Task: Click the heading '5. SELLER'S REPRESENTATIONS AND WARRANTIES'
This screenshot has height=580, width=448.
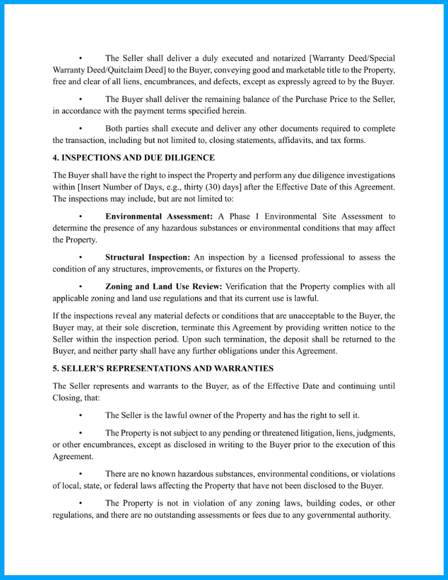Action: pyautogui.click(x=163, y=368)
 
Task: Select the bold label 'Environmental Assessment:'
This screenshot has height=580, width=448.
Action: pyautogui.click(x=158, y=216)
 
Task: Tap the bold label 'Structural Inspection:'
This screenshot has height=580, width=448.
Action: pyautogui.click(x=148, y=257)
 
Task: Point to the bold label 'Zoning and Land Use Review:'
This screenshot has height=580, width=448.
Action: pyautogui.click(x=164, y=286)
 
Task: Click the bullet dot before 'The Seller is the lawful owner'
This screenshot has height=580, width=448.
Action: pyautogui.click(x=80, y=415)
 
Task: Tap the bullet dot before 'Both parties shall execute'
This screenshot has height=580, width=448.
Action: pyautogui.click(x=80, y=129)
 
